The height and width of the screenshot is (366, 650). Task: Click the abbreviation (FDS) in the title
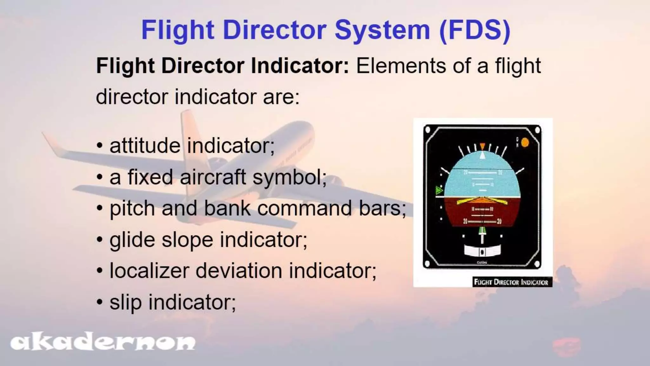coord(475,30)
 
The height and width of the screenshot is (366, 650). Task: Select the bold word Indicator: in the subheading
coord(300,66)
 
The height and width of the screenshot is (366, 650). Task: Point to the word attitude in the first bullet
coord(145,146)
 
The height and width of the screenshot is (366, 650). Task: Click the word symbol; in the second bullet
coord(289,177)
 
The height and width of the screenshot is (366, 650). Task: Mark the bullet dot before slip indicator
coord(100,302)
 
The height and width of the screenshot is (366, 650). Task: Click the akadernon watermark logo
coord(103,342)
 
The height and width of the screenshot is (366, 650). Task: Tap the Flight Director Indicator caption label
coord(511,282)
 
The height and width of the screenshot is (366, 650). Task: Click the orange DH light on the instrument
coord(525,143)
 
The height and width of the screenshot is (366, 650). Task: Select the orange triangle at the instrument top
coord(482,146)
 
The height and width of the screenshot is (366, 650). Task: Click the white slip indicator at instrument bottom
coord(482,251)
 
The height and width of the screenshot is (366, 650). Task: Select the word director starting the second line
coord(132,97)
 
